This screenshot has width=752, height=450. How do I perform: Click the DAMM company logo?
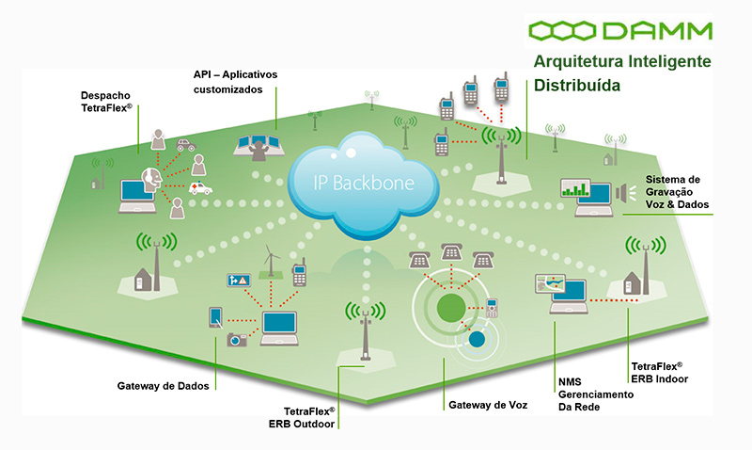[x=619, y=31]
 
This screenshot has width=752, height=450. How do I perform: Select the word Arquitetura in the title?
[x=578, y=62]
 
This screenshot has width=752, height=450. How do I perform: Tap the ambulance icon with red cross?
[x=201, y=188]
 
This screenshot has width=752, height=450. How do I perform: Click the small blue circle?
[x=477, y=338]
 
